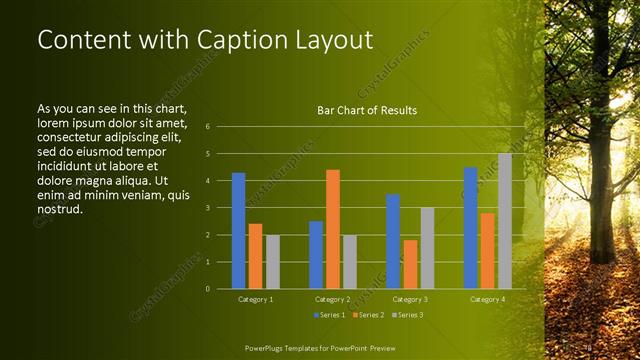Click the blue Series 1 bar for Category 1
238,231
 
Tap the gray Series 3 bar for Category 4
505,221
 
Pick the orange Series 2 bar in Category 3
411,264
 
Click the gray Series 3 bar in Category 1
273,262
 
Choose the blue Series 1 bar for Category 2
316,255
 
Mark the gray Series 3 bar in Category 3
428,248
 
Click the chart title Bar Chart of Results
367,110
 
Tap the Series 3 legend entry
407,316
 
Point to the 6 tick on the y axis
207,127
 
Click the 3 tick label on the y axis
207,208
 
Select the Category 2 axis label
333,300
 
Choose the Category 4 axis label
488,300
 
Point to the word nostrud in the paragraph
57,210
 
